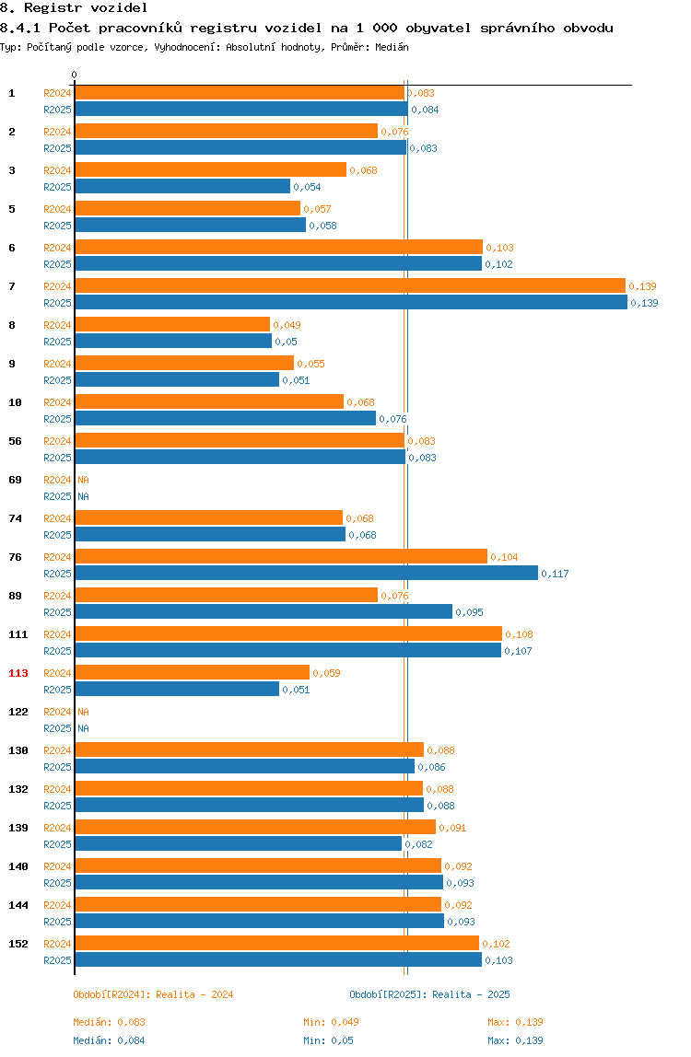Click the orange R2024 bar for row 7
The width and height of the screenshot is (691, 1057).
(350, 285)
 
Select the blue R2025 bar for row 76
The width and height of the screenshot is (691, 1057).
(307, 573)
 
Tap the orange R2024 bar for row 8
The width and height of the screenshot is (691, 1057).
(173, 324)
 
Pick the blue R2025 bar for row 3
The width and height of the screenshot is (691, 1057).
(182, 186)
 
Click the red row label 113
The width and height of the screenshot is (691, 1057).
(18, 673)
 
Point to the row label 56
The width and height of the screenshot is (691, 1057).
(15, 441)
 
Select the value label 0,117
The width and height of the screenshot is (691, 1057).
(555, 574)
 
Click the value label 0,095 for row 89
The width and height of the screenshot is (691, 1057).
(469, 612)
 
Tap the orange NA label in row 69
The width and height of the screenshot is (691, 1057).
(83, 480)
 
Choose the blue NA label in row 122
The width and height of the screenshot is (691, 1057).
(83, 728)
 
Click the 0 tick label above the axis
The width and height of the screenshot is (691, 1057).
(75, 75)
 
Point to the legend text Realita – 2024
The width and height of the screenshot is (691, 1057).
(194, 994)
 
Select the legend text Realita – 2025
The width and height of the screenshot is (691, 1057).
(471, 994)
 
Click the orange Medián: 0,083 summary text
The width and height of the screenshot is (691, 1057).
(110, 1022)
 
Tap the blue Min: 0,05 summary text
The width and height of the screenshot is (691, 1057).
(328, 1040)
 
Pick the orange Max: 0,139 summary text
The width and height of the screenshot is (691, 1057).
(515, 1022)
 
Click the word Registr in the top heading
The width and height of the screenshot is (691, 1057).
(53, 8)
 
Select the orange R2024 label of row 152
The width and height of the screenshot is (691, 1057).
(57, 944)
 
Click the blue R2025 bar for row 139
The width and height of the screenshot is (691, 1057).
(239, 843)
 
